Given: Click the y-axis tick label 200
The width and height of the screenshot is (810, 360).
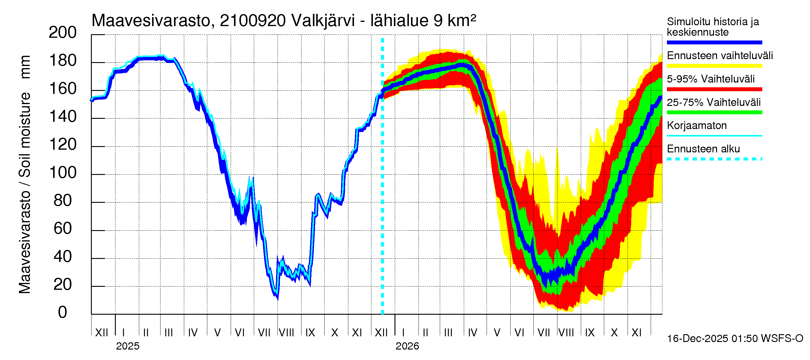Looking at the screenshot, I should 62,33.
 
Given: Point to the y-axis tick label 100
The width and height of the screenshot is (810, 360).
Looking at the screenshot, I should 62,172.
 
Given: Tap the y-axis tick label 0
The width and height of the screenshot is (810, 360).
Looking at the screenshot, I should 62,312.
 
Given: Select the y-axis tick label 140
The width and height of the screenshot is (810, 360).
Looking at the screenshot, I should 62,117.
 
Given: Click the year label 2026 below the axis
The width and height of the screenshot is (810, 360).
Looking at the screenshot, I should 407,346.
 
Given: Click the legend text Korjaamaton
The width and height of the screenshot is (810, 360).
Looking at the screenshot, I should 697,126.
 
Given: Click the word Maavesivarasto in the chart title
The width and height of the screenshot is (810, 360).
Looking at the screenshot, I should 151,21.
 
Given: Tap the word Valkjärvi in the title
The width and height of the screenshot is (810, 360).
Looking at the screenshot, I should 323,21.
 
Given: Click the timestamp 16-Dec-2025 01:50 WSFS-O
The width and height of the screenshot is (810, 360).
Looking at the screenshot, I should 735,339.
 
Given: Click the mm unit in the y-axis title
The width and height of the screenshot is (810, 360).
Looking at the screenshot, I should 25,67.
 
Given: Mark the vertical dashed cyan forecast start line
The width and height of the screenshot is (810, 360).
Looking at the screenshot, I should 382,189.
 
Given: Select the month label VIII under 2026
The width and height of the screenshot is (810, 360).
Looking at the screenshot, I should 566,333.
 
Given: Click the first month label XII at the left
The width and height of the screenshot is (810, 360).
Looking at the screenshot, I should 101,333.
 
